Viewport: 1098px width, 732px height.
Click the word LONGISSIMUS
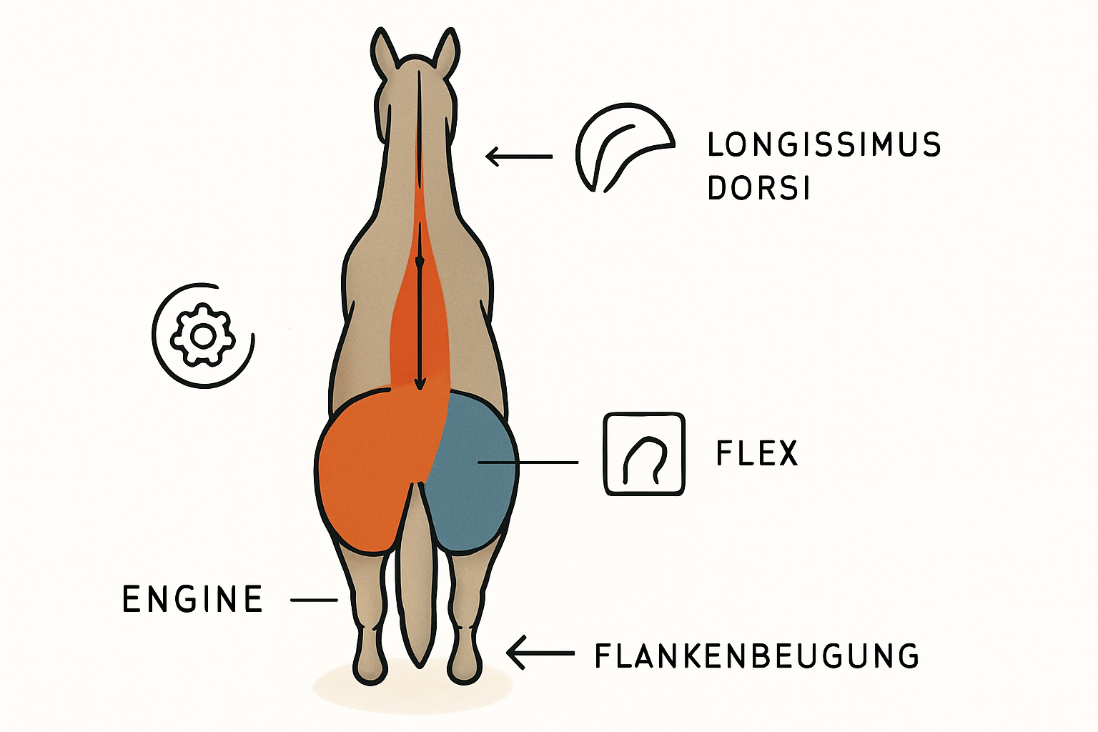[x=824, y=144]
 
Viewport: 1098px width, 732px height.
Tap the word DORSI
[x=758, y=188]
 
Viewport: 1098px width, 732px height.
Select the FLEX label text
[x=757, y=453]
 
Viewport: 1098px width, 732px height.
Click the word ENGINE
[x=192, y=598]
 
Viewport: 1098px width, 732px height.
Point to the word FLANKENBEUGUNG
[x=756, y=656]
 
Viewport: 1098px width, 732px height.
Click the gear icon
[x=202, y=335]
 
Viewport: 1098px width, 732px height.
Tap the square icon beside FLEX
[x=644, y=453]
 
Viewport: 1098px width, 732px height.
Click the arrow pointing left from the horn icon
[x=519, y=157]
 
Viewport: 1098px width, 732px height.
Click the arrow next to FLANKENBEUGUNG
[x=540, y=653]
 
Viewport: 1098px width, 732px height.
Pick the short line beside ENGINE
[x=314, y=600]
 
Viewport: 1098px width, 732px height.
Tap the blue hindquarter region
[x=473, y=470]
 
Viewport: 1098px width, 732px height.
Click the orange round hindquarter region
[x=365, y=470]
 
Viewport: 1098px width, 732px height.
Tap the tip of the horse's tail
[x=419, y=667]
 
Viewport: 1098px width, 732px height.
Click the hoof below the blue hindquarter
[x=464, y=667]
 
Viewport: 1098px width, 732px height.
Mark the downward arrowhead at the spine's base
[x=419, y=384]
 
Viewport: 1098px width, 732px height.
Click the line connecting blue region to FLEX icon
[x=528, y=462]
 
